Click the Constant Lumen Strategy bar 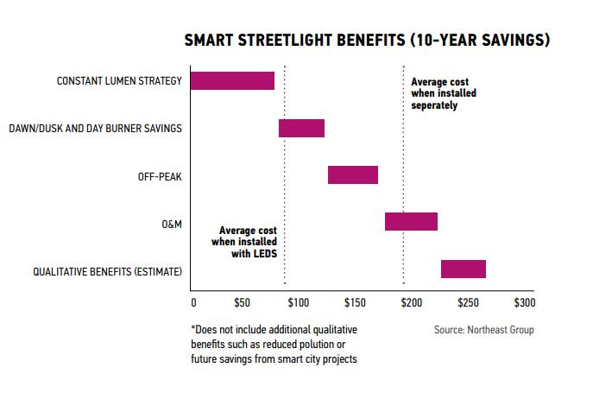(x=232, y=81)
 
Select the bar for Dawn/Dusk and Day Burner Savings (x=301, y=129)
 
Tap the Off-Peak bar (x=352, y=175)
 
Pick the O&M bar (x=411, y=222)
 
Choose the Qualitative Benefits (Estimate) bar (x=463, y=269)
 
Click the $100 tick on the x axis (x=297, y=304)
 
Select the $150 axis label (x=355, y=304)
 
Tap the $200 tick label (x=411, y=304)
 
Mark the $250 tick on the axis (x=468, y=304)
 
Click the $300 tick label (x=524, y=304)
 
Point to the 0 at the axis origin (x=193, y=304)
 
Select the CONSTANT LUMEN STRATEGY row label (x=119, y=82)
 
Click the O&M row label (x=172, y=224)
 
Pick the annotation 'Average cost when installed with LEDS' (x=249, y=244)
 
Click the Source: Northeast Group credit (x=483, y=330)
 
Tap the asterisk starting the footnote (x=192, y=329)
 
